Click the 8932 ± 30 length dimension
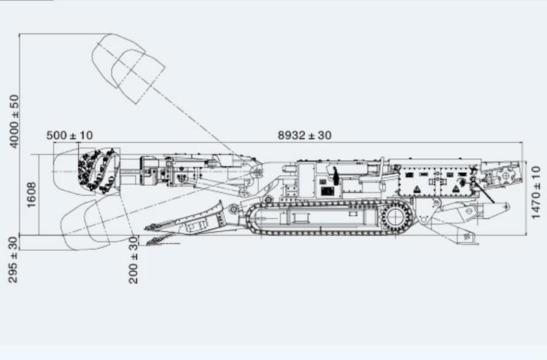tap(304, 135)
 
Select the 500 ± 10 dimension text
tap(69, 135)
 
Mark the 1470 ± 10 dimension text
tap(536, 192)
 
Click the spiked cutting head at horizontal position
tap(99, 170)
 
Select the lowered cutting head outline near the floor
tap(91, 222)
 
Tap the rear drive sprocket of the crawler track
tap(395, 217)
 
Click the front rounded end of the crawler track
tap(255, 217)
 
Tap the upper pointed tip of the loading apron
tap(149, 227)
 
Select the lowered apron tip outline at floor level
tap(153, 240)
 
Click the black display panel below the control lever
tap(327, 191)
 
